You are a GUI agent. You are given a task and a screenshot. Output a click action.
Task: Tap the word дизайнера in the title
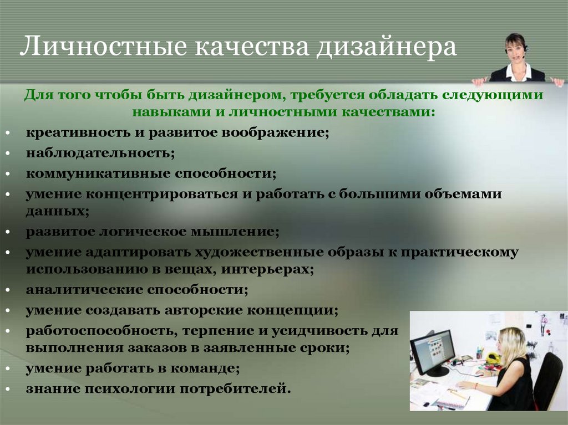pos(386,47)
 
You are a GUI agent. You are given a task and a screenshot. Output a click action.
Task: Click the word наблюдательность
pos(100,153)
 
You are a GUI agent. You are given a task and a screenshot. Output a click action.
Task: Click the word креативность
pos(78,132)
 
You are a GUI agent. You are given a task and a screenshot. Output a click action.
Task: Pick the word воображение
pos(275,132)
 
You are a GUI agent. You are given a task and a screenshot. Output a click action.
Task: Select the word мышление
pos(235,232)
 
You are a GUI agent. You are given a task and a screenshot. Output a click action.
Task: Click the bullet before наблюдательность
pos(8,153)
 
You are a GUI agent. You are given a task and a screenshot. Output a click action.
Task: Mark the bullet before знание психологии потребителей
pos(8,390)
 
